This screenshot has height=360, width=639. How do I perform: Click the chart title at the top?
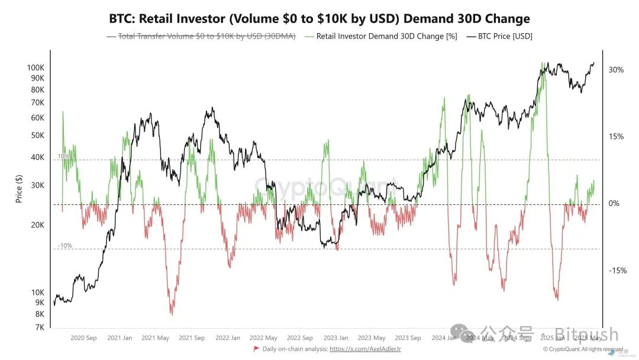[319, 18]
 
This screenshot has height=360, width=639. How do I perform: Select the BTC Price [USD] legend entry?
[504, 36]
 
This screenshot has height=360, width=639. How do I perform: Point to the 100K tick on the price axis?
[36, 67]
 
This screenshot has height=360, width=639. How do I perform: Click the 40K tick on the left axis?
[37, 157]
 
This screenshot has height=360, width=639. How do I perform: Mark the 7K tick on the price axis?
[40, 327]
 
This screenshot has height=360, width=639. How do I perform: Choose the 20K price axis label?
[37, 225]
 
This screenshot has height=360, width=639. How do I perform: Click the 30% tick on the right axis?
[616, 70]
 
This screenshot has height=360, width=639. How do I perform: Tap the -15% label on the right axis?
[618, 271]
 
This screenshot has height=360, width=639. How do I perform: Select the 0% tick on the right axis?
[614, 204]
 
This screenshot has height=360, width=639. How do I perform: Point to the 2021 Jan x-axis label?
[120, 338]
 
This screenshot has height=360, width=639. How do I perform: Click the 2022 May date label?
[263, 338]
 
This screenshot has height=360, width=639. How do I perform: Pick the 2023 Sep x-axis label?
[408, 338]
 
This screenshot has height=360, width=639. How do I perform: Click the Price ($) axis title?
[19, 189]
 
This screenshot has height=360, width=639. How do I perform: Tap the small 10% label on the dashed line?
[64, 156]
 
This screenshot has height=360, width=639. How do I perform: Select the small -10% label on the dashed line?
[65, 245]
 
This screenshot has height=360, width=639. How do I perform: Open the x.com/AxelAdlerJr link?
[365, 349]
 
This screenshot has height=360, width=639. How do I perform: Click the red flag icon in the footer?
[256, 349]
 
